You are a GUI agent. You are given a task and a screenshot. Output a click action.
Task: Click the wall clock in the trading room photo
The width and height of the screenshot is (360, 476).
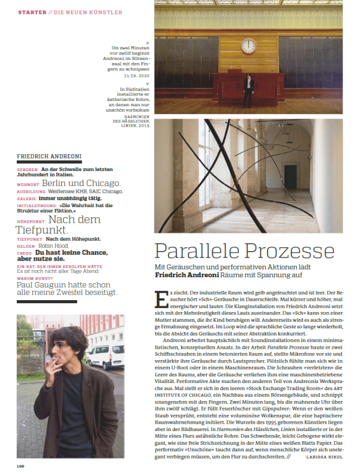click(248, 46)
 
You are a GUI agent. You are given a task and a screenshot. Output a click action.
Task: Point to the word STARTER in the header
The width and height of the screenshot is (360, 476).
click(31, 12)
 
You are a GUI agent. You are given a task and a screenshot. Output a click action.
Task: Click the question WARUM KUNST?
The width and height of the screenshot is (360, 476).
click(33, 278)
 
